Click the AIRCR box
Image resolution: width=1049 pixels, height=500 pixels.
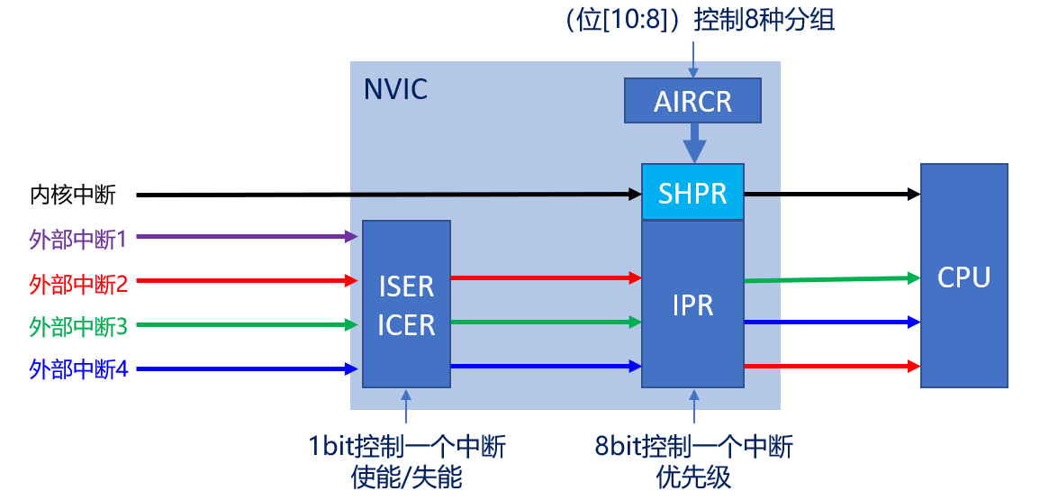tap(692, 100)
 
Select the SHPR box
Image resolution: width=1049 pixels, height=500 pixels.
tap(692, 193)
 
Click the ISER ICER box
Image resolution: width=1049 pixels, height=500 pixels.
tap(406, 305)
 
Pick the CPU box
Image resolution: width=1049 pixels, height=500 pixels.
tap(963, 276)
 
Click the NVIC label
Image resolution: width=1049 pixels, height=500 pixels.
tap(395, 89)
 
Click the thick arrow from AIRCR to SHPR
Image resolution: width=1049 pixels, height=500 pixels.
tap(692, 143)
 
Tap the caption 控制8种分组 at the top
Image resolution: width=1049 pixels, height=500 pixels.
tap(764, 20)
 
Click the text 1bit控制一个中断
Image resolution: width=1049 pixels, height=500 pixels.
tap(406, 447)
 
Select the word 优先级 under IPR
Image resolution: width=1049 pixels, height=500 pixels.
tap(694, 477)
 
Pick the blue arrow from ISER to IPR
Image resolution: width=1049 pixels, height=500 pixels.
tap(546, 366)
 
